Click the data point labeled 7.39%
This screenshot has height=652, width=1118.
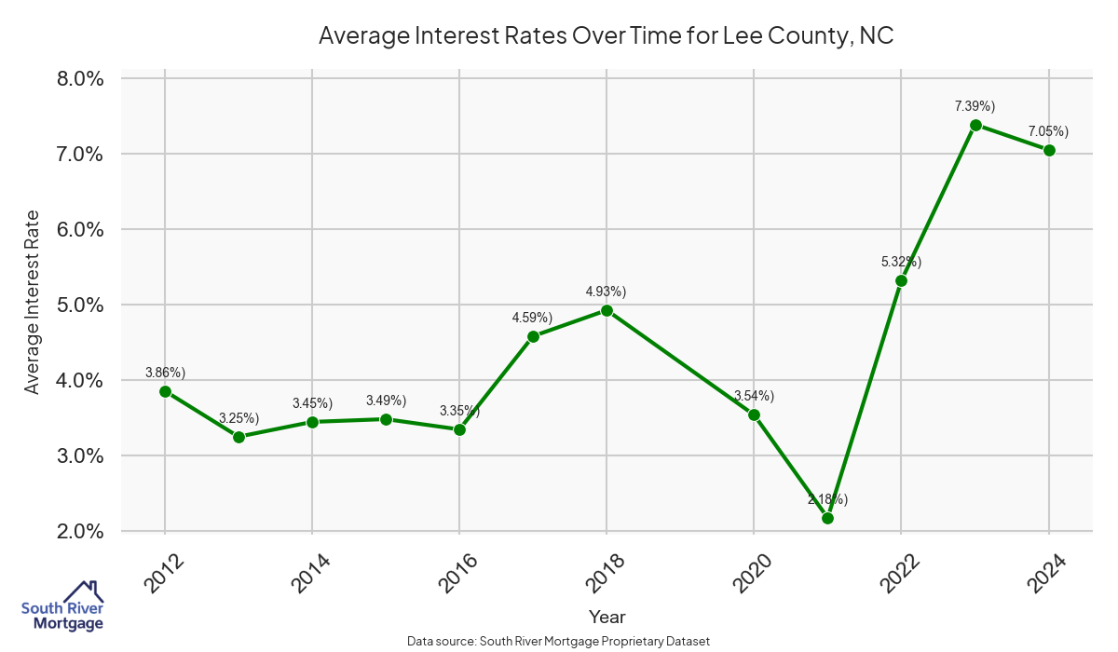(975, 125)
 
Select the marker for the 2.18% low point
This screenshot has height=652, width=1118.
(827, 518)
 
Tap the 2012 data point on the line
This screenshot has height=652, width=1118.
(165, 391)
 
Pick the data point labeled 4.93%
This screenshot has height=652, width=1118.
(607, 310)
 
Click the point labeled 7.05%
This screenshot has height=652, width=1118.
(1049, 150)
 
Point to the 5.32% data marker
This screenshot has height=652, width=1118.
(901, 280)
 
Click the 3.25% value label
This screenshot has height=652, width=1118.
(239, 418)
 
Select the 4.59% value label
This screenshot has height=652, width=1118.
(532, 318)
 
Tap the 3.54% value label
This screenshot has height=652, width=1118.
(754, 396)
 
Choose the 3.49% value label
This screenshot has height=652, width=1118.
(386, 401)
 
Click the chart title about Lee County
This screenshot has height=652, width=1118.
(607, 35)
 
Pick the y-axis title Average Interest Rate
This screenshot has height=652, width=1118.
(33, 303)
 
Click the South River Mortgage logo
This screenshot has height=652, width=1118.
(62, 606)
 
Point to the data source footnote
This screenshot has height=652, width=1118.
(559, 641)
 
